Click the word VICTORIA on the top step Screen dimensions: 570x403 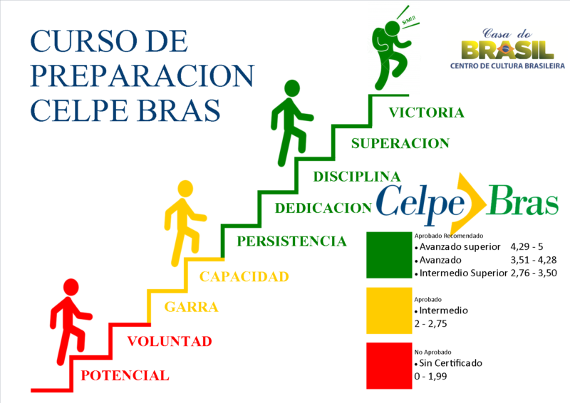(426, 112)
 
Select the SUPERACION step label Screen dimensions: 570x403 (400, 144)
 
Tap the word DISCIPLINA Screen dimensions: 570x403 (357, 177)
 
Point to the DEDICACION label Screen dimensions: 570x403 (323, 208)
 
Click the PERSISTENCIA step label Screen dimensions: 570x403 (291, 241)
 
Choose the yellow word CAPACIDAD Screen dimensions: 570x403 (244, 277)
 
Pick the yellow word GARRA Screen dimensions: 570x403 (191, 307)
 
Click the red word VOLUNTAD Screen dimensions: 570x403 (170, 342)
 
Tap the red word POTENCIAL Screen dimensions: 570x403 (125, 376)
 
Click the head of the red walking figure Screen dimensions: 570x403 (71, 287)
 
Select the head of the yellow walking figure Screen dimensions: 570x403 (185, 189)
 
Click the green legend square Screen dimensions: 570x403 (389, 255)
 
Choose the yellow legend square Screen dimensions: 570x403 (389, 310)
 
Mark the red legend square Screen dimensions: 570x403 (389, 366)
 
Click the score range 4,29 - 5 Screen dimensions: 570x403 (527, 247)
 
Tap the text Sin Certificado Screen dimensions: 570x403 (450, 363)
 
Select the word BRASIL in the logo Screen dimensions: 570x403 (507, 50)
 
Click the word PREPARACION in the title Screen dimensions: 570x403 (142, 76)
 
